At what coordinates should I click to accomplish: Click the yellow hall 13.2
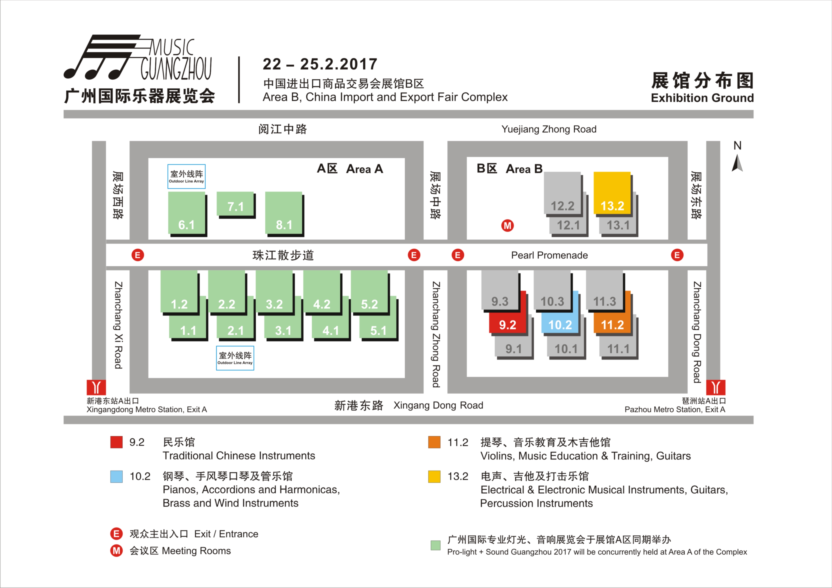(x=612, y=193)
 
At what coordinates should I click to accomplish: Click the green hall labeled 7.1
(x=235, y=204)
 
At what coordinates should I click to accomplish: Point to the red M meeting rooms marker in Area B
(x=507, y=226)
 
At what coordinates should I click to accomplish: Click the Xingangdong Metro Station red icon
(x=96, y=387)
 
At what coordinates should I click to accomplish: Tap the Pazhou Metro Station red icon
(x=716, y=387)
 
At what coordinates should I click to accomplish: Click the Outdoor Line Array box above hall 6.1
(x=186, y=176)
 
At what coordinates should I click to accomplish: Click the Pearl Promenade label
(x=549, y=255)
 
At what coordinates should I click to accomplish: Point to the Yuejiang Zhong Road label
(x=549, y=129)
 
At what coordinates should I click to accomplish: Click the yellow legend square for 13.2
(x=434, y=476)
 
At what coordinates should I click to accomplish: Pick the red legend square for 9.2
(x=116, y=442)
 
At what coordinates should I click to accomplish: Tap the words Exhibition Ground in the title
(x=702, y=98)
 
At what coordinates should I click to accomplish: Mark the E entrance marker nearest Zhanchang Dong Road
(x=677, y=255)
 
